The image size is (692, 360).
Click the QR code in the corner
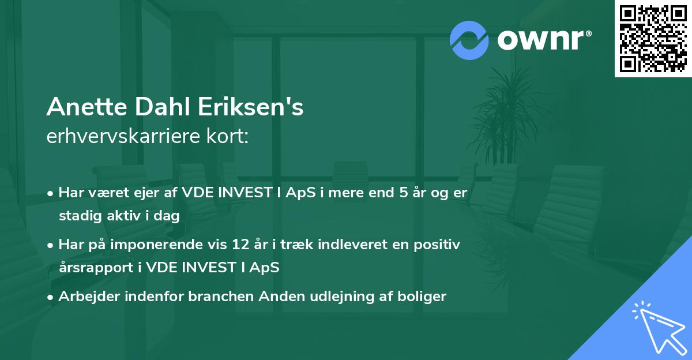pyautogui.click(x=653, y=38)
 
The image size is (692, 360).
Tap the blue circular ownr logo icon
pyautogui.click(x=469, y=40)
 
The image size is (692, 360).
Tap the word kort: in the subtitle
pyautogui.click(x=230, y=137)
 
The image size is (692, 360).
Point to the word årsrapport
pyautogui.click(x=94, y=268)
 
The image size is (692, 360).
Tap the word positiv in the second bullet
pyautogui.click(x=440, y=245)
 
